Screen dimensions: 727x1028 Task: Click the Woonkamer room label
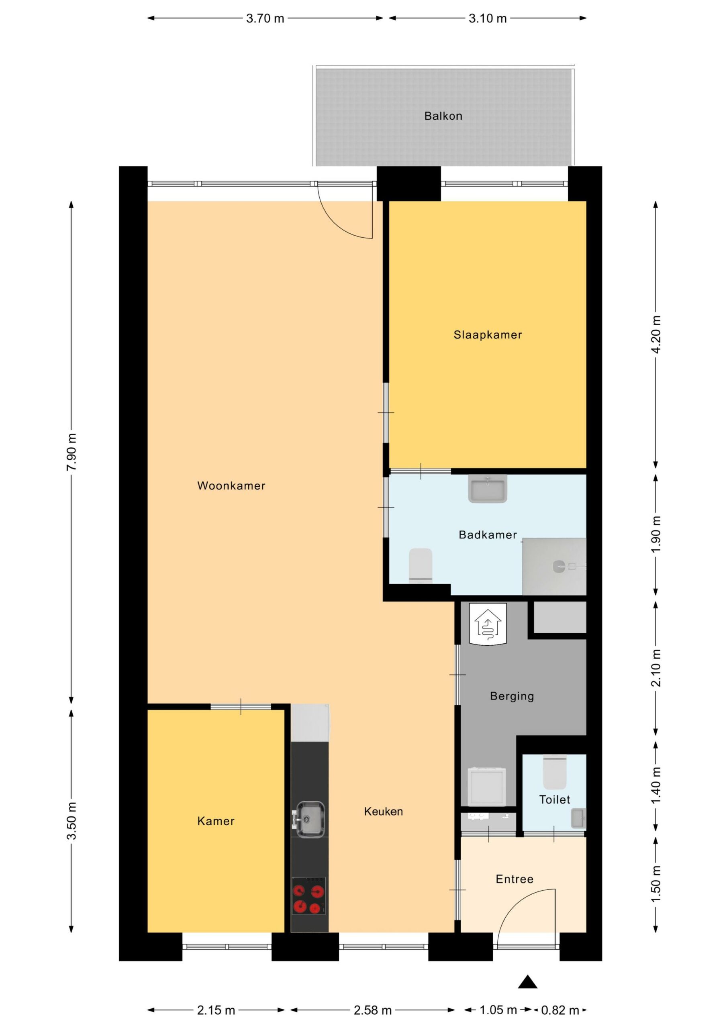tap(231, 486)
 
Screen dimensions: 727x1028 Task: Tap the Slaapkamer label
tap(488, 335)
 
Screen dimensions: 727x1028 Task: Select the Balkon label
tap(443, 116)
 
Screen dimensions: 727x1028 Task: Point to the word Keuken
tap(384, 811)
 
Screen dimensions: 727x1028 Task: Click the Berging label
tap(512, 696)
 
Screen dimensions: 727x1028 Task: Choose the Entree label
tap(515, 879)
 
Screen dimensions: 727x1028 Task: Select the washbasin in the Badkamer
tap(488, 488)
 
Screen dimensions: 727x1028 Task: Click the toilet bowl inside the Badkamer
tap(421, 565)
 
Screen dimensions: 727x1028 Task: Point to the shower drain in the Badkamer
tap(559, 566)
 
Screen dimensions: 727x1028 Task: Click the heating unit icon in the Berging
tap(488, 623)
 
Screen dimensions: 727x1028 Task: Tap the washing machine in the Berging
tap(487, 787)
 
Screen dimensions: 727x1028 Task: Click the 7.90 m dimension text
tap(71, 452)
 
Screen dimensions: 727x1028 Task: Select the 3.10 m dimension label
tap(488, 18)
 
